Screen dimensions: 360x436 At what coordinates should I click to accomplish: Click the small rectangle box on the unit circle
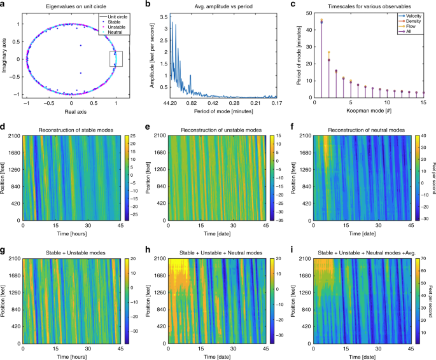(x=116, y=59)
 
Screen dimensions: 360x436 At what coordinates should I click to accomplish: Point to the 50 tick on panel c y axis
(x=309, y=15)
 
